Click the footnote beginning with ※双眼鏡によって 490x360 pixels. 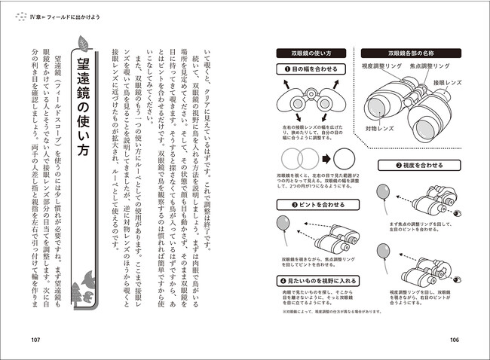click(x=325, y=311)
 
